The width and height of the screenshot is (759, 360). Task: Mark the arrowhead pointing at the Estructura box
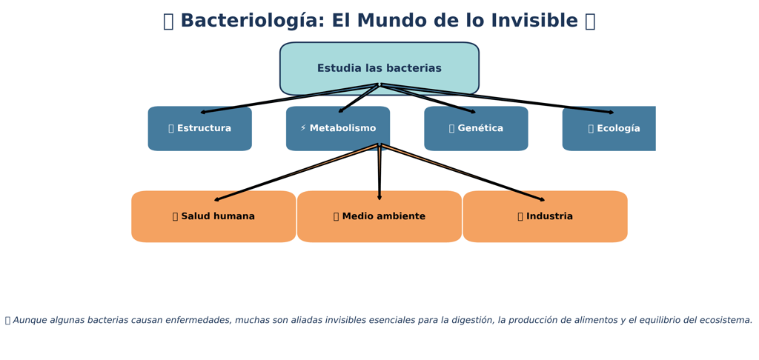(203, 113)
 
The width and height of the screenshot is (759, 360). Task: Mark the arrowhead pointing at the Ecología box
(611, 113)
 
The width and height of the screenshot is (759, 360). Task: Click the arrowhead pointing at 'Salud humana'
(216, 199)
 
